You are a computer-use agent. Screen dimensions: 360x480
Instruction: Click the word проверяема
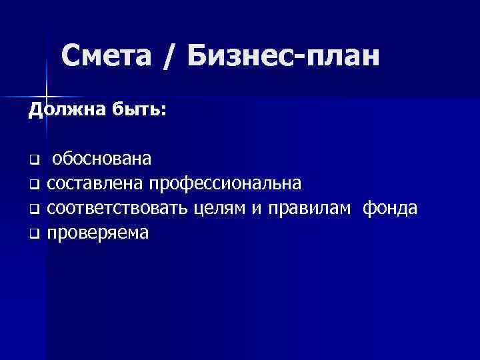99,233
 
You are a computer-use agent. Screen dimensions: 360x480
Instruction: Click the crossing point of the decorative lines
45,92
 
